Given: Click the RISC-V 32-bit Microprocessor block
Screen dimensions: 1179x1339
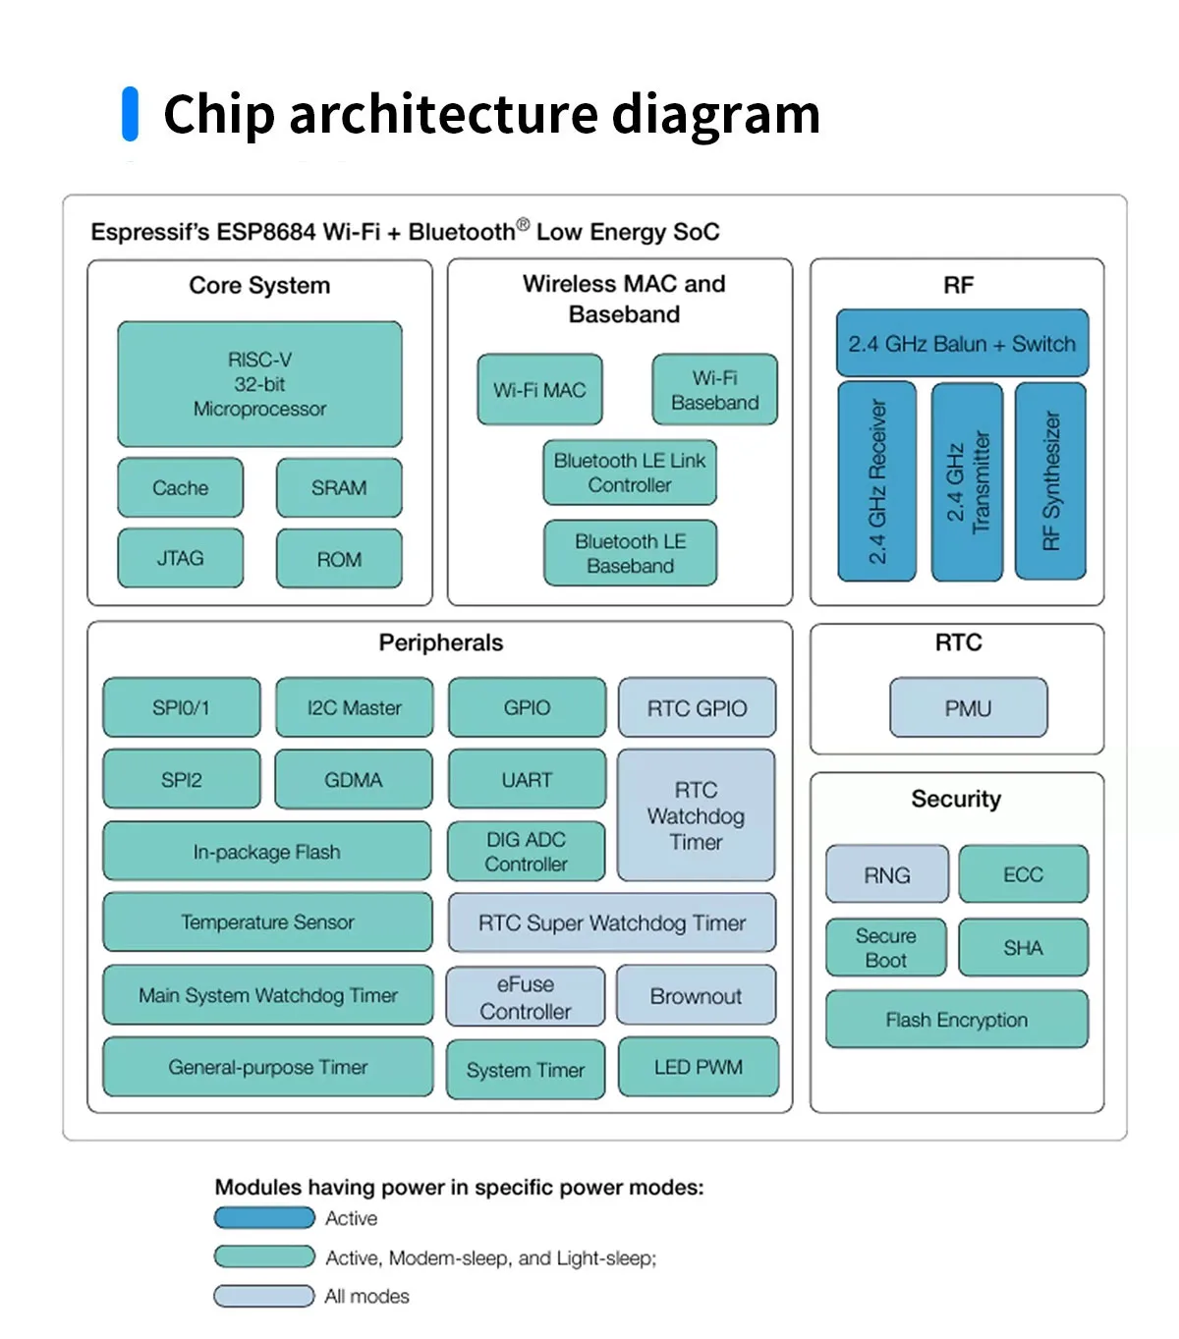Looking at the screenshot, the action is [259, 384].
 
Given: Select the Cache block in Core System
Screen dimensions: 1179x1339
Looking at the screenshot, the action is [181, 487].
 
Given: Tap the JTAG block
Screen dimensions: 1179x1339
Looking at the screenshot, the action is [181, 558].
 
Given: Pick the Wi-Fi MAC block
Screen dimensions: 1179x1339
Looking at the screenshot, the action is [540, 390].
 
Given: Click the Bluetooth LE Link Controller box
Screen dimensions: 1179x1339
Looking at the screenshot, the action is [630, 473].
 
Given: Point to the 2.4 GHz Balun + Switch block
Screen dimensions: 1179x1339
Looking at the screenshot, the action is [962, 343].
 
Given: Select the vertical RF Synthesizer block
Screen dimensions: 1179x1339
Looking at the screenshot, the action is [1050, 481].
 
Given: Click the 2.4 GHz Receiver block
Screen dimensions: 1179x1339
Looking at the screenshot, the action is [877, 481].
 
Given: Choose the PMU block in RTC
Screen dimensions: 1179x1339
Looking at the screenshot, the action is [968, 708].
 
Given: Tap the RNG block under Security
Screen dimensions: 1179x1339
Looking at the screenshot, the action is [887, 873].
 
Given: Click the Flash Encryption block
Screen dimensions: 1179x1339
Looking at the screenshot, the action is [957, 1019].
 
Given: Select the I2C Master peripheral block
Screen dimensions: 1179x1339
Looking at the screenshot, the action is [355, 707].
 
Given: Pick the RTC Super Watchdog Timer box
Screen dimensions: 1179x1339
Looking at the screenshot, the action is [612, 922].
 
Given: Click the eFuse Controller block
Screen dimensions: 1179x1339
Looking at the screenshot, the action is [526, 997].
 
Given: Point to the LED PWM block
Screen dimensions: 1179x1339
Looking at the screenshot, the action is [699, 1067].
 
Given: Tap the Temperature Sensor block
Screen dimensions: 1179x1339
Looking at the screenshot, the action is [267, 921].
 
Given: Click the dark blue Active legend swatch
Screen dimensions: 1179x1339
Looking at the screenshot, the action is [264, 1217].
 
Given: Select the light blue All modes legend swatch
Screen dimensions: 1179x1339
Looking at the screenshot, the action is [264, 1296].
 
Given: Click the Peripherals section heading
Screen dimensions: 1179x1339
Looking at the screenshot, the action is [441, 642].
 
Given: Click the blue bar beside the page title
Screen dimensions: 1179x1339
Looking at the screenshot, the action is [131, 114].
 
